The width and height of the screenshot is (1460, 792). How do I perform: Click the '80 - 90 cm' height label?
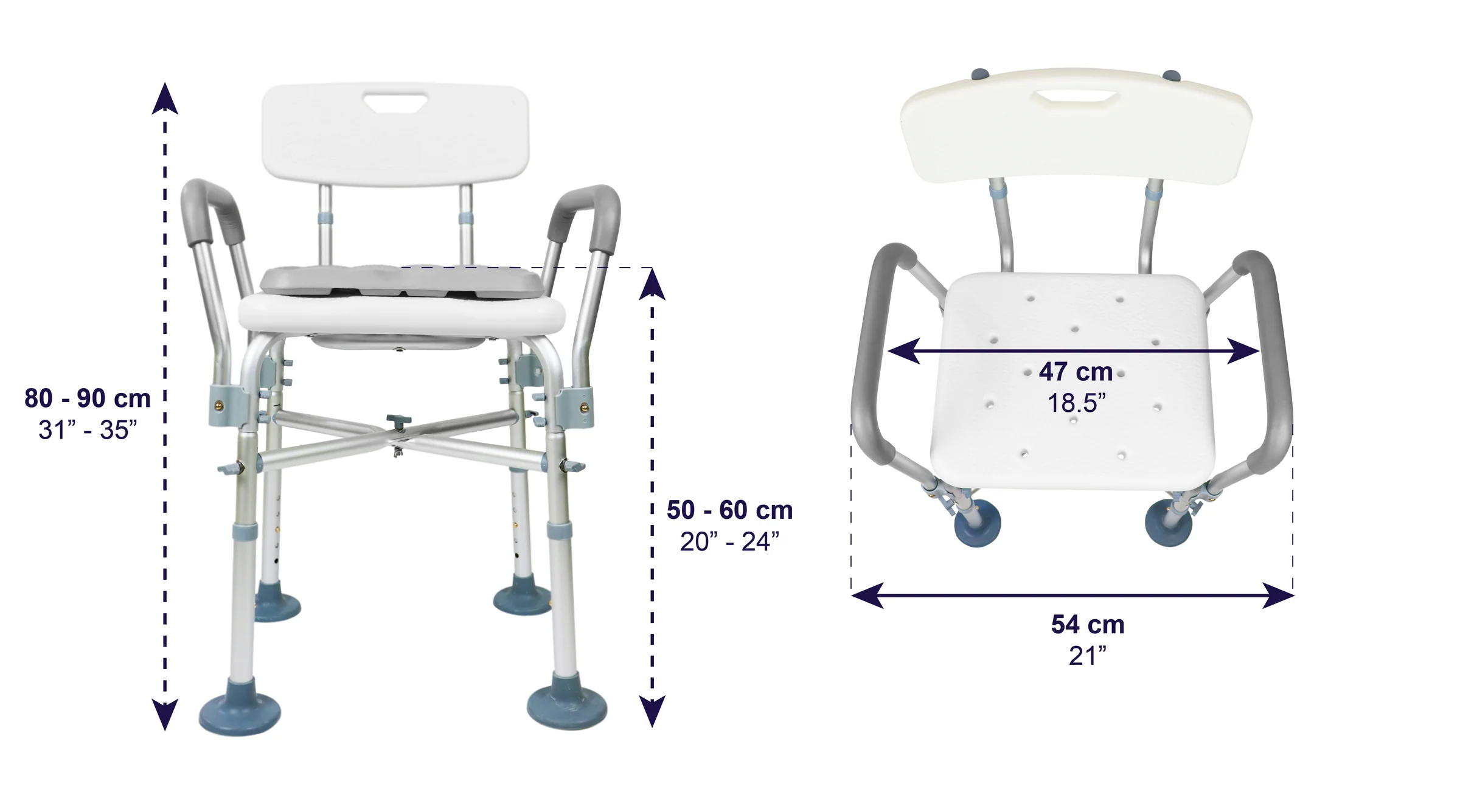(88, 398)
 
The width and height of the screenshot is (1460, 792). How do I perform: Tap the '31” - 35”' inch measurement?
(88, 430)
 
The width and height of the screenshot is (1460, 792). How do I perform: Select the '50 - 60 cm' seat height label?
(729, 510)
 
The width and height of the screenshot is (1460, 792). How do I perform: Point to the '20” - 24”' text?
(729, 541)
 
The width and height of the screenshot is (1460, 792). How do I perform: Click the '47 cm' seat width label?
(1076, 372)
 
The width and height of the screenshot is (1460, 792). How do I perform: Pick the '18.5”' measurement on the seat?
(1076, 403)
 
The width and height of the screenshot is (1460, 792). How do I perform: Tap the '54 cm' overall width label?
(1088, 625)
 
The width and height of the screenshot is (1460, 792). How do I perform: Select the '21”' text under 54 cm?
(1088, 656)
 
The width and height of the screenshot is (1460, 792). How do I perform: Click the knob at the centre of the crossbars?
(398, 420)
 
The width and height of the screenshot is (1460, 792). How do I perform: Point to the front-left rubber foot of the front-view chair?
(240, 715)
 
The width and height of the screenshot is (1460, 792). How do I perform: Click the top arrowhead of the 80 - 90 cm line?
(165, 99)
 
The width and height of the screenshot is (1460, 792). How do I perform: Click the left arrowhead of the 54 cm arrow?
(867, 595)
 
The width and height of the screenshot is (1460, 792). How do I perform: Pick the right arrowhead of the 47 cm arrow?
(1243, 351)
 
